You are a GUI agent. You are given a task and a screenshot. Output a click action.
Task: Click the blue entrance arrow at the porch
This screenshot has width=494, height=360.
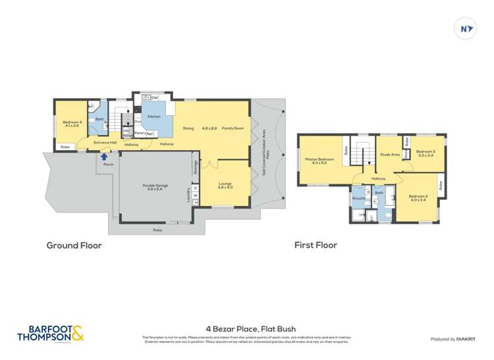[x=103, y=157]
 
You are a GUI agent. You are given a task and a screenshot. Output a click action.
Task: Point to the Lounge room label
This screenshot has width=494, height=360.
[x=225, y=185]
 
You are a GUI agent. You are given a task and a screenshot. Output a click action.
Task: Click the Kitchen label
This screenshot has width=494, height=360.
[x=154, y=116]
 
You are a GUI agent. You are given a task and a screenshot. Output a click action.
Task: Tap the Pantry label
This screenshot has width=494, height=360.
[x=140, y=133]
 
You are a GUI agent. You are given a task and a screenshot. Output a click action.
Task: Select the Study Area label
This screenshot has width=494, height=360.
[x=390, y=155]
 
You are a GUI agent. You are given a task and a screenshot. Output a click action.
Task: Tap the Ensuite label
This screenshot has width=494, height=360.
[x=359, y=197]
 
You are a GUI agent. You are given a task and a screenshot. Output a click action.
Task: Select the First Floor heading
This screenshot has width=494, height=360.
[x=316, y=245]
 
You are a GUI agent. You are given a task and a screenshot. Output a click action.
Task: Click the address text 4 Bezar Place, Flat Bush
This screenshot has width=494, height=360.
[x=246, y=328]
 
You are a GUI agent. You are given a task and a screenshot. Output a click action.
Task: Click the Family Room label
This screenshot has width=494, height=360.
[x=233, y=128]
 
